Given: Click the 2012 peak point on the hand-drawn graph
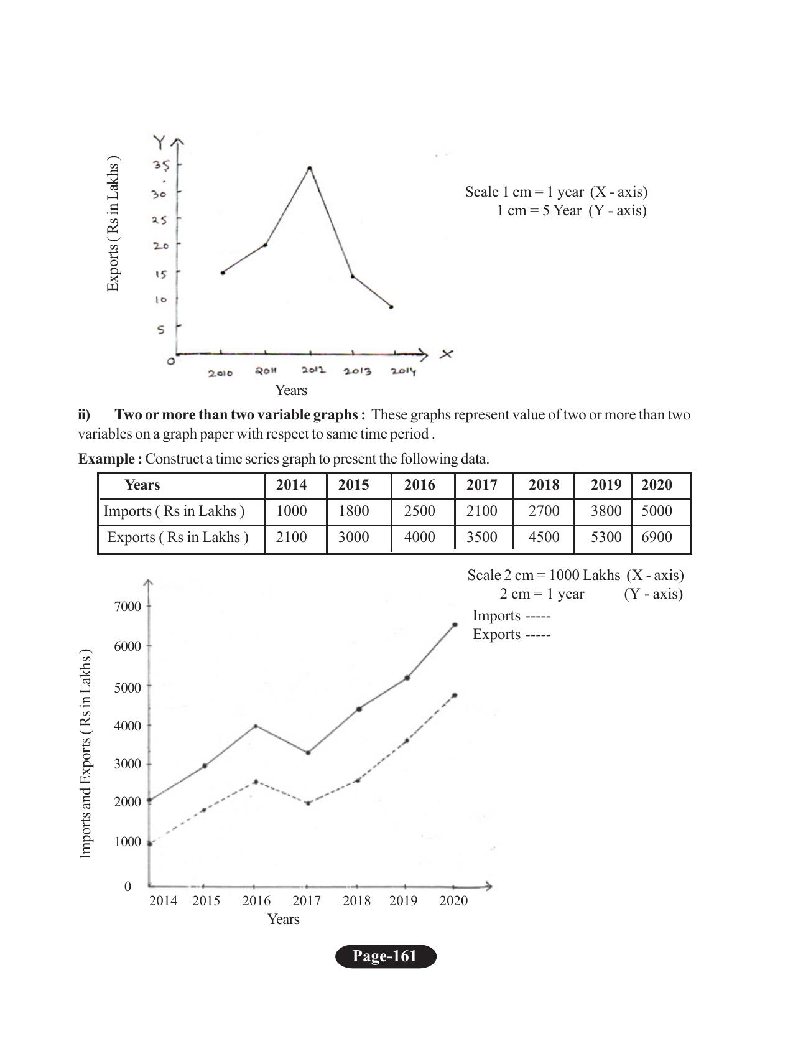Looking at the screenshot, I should [x=310, y=168].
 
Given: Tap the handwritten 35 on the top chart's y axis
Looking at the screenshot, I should [x=162, y=166].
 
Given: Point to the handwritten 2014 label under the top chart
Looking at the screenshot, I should [x=403, y=371].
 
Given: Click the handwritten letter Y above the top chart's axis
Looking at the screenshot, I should [x=160, y=142].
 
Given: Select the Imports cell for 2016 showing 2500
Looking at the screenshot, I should [x=419, y=511].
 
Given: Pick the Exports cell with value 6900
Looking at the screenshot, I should [x=656, y=537].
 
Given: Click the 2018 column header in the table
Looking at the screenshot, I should [x=544, y=485].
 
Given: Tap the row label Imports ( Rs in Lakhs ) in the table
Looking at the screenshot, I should [x=174, y=511].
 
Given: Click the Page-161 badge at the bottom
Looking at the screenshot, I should [x=386, y=956].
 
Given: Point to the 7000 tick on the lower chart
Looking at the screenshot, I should [x=128, y=606].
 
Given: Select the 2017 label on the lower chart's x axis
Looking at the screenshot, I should [x=307, y=900].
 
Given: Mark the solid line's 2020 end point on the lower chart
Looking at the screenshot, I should [x=455, y=625].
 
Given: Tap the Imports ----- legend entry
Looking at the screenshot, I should [x=511, y=615].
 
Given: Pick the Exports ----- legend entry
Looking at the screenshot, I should [x=511, y=634].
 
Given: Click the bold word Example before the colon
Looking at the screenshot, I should [x=106, y=459].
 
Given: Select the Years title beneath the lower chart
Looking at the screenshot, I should [x=283, y=919].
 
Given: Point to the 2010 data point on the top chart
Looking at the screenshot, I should [x=223, y=273].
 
